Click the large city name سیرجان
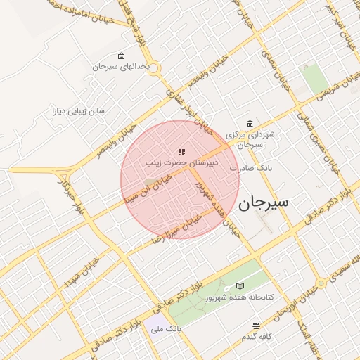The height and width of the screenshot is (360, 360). pos(264,203)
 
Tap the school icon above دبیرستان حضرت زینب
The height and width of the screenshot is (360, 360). pos(181,151)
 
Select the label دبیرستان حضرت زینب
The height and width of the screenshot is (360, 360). pos(182,162)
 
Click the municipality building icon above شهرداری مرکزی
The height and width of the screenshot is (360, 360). pos(250,124)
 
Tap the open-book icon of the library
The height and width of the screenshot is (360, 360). pos(240,287)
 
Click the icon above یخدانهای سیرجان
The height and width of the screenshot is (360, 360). pos(121,56)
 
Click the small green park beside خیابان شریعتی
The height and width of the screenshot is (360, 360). pos(314,79)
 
